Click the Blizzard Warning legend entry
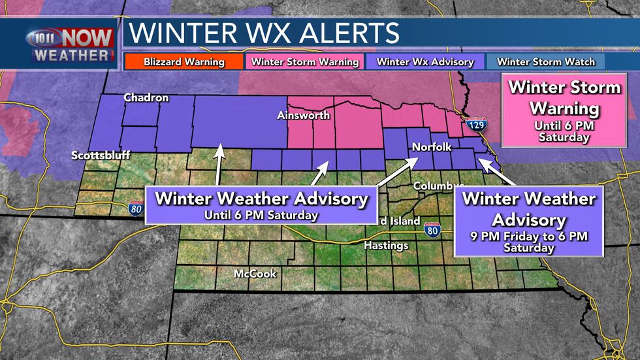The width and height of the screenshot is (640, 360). pos(184,62)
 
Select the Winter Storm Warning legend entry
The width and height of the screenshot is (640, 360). pos(305,62)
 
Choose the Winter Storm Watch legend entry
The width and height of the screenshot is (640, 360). pos(546,62)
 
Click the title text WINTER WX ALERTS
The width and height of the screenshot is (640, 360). pos(264,33)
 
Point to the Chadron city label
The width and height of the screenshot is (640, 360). pos(146,98)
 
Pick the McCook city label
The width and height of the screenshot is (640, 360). pos(255,274)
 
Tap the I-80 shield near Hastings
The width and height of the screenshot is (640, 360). pos(431,229)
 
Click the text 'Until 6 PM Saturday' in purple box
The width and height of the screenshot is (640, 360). pos(261,215)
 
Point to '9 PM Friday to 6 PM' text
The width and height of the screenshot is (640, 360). pos(529,236)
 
